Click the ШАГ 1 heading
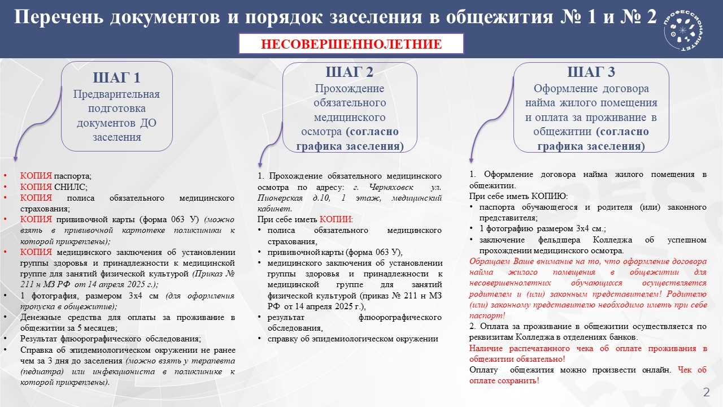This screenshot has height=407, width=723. pyautogui.click(x=116, y=78)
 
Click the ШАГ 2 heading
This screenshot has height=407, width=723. pyautogui.click(x=350, y=72)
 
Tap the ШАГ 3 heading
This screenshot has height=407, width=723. pyautogui.click(x=591, y=72)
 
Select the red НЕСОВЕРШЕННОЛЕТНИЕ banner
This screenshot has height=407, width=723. pyautogui.click(x=351, y=44)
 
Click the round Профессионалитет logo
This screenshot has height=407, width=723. pyautogui.click(x=683, y=31)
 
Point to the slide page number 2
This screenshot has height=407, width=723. pyautogui.click(x=707, y=392)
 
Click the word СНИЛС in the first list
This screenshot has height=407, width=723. pyautogui.click(x=71, y=187)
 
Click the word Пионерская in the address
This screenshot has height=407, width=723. pyautogui.click(x=280, y=198)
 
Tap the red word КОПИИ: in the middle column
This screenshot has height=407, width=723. pyautogui.click(x=336, y=220)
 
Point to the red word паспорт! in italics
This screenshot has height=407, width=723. pyautogui.click(x=487, y=316)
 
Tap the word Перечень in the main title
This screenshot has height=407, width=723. pyautogui.click(x=59, y=16)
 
